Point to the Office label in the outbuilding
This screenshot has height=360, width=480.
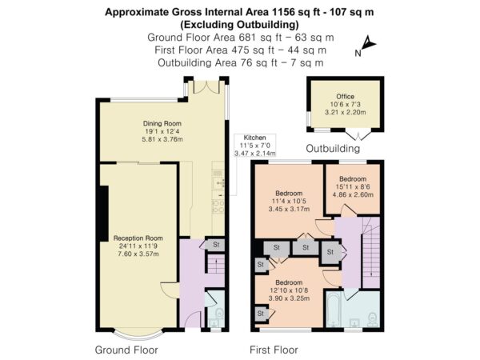(346, 97)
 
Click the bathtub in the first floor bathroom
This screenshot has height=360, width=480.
(333, 309)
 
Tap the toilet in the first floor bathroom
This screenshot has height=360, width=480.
(372, 319)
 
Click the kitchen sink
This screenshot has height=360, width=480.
(218, 183)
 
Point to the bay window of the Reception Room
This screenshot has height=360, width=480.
(138, 336)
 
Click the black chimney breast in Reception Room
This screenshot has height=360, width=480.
(104, 214)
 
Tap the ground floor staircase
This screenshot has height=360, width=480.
(216, 263)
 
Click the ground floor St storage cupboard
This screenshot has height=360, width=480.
(215, 245)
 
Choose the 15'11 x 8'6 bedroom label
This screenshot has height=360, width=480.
(353, 186)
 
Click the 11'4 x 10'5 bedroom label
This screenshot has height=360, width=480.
(289, 201)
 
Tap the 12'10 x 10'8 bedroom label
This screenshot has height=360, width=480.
(289, 290)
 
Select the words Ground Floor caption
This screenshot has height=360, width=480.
(126, 350)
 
